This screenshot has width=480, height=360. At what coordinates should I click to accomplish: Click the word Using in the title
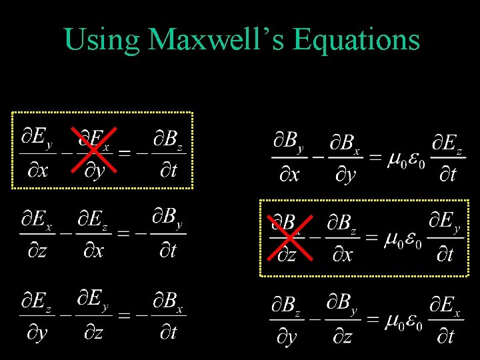pos(101,41)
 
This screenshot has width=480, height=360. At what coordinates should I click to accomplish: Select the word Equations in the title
pos(356,41)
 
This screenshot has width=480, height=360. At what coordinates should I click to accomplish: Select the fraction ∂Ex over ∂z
pos(37,234)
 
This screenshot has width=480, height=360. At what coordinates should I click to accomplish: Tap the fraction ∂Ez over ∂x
pos(92,234)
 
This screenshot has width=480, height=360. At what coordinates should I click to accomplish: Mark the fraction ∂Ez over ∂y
pos(37,315)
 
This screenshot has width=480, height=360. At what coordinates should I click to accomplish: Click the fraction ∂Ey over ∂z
pos(93,315)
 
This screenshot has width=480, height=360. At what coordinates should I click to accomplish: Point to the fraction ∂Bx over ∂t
pos(169,315)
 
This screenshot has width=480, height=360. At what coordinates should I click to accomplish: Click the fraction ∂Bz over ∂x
pos(343,238)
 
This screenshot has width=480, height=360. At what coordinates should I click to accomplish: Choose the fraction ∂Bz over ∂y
pos(286,321)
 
